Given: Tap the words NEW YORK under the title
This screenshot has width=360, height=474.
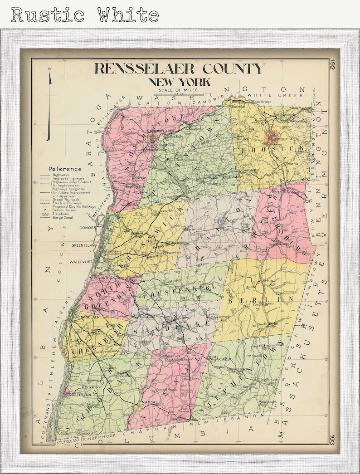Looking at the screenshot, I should [x=179, y=82].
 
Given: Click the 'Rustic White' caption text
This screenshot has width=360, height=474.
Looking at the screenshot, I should [x=85, y=15].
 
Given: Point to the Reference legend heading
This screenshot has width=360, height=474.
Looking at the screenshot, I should [x=65, y=169].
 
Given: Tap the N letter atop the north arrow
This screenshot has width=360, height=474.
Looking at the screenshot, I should [x=50, y=69].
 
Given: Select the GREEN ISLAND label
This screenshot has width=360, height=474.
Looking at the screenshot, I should [x=83, y=245].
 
